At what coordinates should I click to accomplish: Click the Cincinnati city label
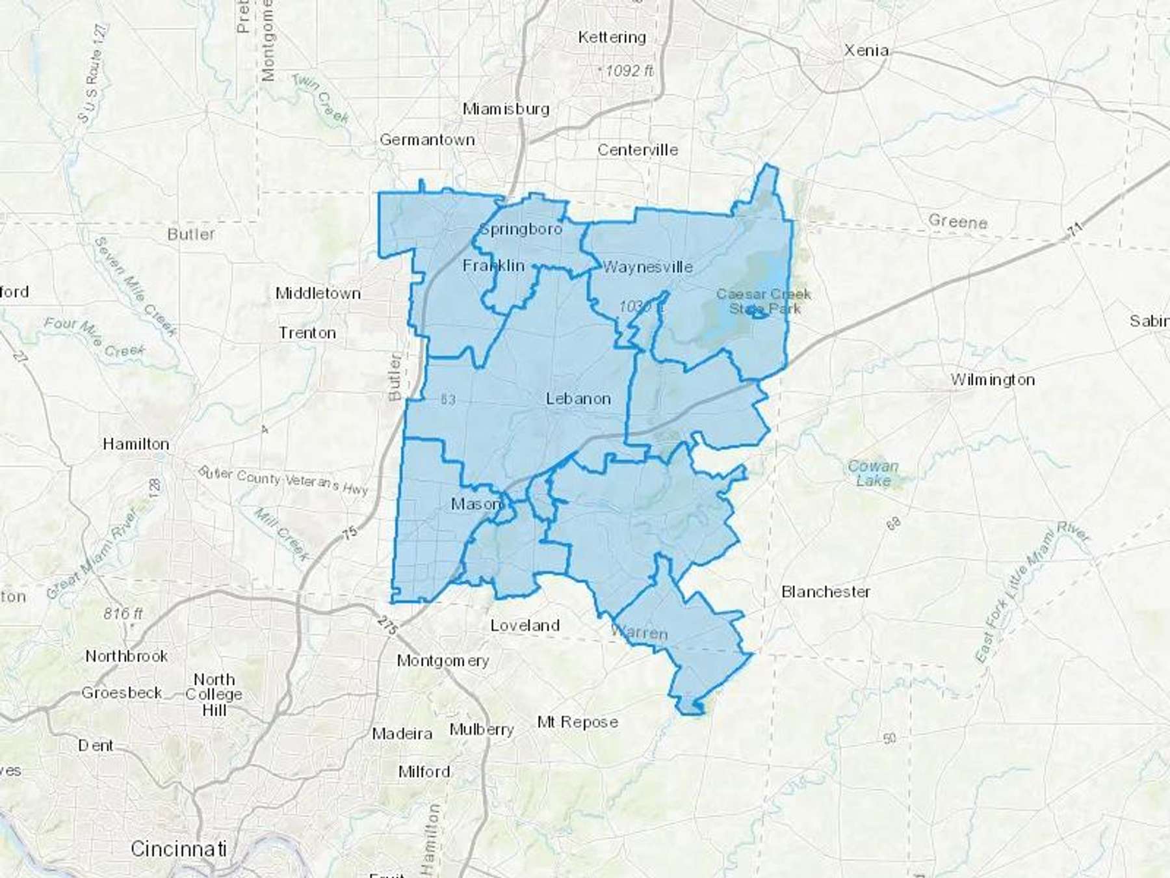pos(179,849)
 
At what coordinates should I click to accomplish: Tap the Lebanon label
pos(578,399)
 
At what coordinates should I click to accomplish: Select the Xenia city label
pos(866,50)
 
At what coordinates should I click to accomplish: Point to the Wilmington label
pos(993,380)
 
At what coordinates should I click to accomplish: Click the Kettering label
pos(612,37)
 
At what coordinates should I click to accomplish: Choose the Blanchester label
pos(825,592)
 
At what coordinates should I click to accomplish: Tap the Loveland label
pos(525,626)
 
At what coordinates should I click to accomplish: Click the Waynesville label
pos(647,267)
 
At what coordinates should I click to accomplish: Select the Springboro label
pos(521,229)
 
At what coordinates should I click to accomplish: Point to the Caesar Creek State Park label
pos(764,301)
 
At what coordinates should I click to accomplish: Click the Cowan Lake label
pos(873,473)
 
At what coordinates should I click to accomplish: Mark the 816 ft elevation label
pos(123,613)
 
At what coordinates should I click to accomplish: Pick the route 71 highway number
pos(1076,229)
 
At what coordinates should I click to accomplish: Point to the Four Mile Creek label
pos(94,338)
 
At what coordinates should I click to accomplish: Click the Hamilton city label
pos(136,444)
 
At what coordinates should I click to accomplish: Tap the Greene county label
pos(957,222)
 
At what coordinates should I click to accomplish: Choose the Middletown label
pos(318,293)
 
